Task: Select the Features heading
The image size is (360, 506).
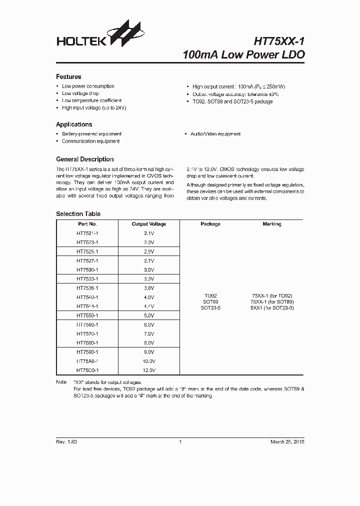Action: click(68, 77)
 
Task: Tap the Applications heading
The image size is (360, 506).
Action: click(74, 124)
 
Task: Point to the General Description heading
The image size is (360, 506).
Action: click(84, 159)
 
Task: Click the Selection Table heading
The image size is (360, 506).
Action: click(78, 214)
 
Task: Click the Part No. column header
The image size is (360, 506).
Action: click(87, 224)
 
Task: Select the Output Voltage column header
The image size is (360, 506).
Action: click(149, 224)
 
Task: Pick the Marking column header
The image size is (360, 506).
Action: click(272, 224)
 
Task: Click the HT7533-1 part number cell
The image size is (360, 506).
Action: click(87, 279)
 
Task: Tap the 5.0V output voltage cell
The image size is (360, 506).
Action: click(149, 315)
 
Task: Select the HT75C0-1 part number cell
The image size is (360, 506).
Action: click(87, 370)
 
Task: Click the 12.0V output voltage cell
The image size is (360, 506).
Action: click(149, 370)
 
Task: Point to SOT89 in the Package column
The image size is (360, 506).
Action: click(210, 302)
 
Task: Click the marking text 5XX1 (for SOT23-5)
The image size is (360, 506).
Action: click(272, 308)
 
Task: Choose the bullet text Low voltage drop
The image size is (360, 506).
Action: click(80, 93)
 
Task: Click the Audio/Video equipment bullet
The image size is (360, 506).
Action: click(215, 134)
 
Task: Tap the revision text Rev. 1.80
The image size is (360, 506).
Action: click(66, 442)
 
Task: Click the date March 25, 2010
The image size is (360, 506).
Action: click(287, 442)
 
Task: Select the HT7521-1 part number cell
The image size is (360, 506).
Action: click(87, 233)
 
